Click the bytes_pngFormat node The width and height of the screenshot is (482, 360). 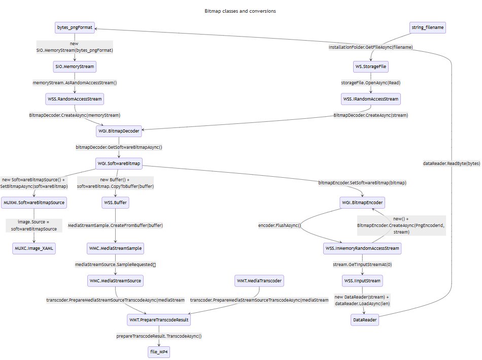click(75, 28)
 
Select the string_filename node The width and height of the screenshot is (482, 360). click(428, 28)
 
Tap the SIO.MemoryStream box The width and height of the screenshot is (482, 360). click(75, 67)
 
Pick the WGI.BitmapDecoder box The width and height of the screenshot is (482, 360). click(118, 131)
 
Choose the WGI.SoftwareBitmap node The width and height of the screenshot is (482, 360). click(118, 163)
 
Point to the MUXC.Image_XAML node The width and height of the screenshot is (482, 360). click(35, 248)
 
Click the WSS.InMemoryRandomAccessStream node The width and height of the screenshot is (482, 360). click(362, 248)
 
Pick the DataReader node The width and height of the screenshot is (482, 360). click(365, 320)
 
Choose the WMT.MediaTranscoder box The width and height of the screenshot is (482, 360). click(259, 280)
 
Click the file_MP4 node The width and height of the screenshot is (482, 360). click(158, 352)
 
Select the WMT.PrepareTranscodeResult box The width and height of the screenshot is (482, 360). click(158, 320)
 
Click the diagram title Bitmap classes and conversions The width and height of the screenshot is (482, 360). click(240, 11)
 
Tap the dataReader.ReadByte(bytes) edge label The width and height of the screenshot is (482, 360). click(451, 163)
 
